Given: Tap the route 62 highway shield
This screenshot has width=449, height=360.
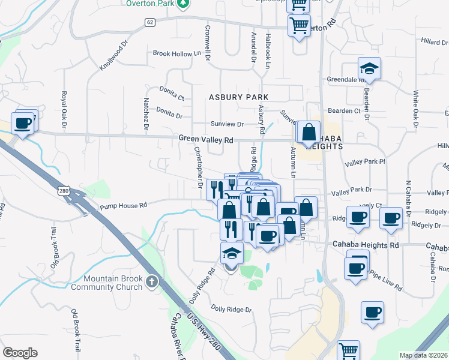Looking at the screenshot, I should [149, 22].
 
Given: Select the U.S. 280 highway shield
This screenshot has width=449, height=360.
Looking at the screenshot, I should [63, 191].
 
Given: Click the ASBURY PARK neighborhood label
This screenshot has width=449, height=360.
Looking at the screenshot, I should [238, 97].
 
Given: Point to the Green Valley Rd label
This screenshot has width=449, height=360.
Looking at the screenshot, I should [205, 139].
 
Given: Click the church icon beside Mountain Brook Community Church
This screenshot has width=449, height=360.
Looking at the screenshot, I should [152, 281].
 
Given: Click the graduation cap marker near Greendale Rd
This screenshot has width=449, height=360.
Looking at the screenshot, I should [369, 70].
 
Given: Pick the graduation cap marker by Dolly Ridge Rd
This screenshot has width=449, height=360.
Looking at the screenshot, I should [231, 254].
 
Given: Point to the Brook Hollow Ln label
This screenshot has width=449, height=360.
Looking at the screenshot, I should [176, 53].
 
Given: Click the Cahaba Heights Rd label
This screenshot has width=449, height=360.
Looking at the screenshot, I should [366, 245].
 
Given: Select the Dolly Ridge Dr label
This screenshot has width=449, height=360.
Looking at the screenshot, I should [231, 310].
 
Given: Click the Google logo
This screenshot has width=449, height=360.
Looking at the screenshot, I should [20, 353].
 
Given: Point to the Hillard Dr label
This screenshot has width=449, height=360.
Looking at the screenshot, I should [435, 42].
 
